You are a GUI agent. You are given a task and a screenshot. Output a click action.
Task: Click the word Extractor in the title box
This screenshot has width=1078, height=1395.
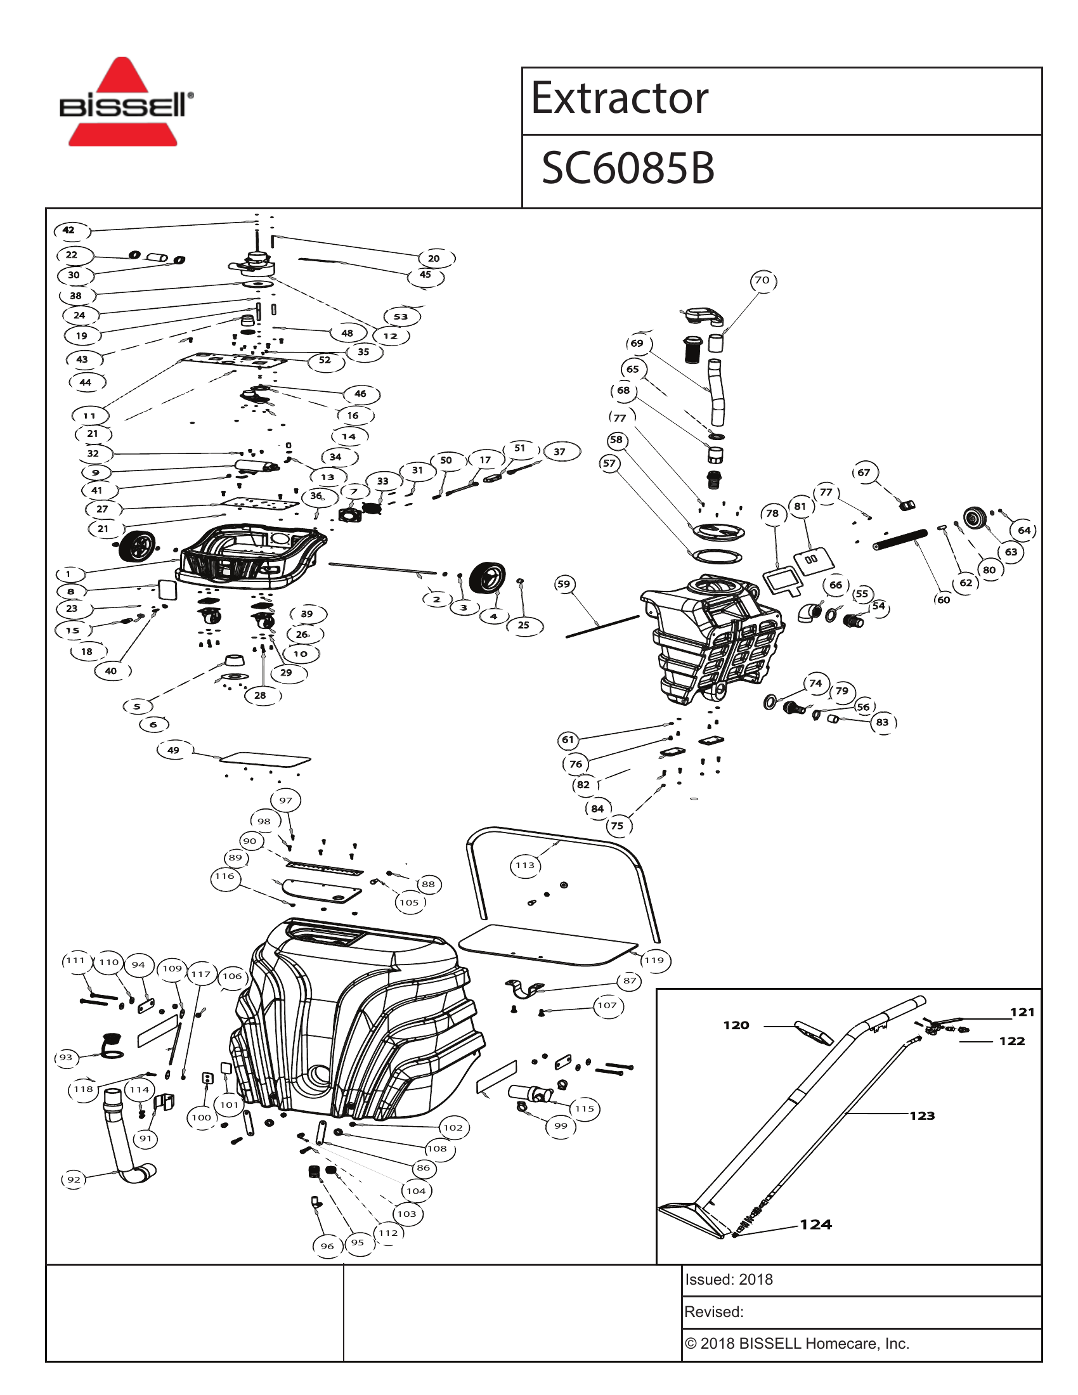[x=619, y=99]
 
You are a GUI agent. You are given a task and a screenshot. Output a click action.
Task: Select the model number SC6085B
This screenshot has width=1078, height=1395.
[x=627, y=169]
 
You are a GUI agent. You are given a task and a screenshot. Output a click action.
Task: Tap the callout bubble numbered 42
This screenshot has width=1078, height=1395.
[x=69, y=230]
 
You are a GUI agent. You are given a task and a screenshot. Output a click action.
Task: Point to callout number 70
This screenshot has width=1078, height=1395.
[x=762, y=280]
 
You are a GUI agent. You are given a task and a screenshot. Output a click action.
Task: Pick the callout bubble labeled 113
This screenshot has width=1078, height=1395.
[x=525, y=866]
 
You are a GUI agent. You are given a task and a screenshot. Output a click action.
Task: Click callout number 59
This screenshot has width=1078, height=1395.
[x=563, y=584]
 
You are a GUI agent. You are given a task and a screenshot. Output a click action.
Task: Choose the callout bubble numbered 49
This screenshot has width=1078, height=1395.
[x=173, y=750]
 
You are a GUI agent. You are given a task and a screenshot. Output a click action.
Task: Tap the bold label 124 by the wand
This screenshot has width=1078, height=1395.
[x=815, y=1224]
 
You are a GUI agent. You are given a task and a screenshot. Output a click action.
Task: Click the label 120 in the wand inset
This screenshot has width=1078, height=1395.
[x=736, y=1025]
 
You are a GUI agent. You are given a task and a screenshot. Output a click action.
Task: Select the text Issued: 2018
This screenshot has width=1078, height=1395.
[x=729, y=1280]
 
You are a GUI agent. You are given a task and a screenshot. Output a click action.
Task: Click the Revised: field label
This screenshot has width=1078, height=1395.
[x=714, y=1312]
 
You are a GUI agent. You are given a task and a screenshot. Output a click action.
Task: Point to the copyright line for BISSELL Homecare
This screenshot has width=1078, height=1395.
[x=796, y=1343]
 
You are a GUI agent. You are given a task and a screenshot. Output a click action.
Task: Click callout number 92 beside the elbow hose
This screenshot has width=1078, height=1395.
[x=74, y=1179]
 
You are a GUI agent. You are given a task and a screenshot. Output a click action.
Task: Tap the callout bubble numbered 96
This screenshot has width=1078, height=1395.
[x=327, y=1245]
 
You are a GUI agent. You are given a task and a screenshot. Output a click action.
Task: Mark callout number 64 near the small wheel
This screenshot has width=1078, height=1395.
[x=1023, y=530]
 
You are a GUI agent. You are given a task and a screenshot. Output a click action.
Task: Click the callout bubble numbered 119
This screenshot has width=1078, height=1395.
[x=654, y=960]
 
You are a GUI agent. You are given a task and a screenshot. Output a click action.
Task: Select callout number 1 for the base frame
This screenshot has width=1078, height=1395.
[x=68, y=574]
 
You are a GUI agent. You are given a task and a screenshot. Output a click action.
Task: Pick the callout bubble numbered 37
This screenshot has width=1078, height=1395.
[x=559, y=451]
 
